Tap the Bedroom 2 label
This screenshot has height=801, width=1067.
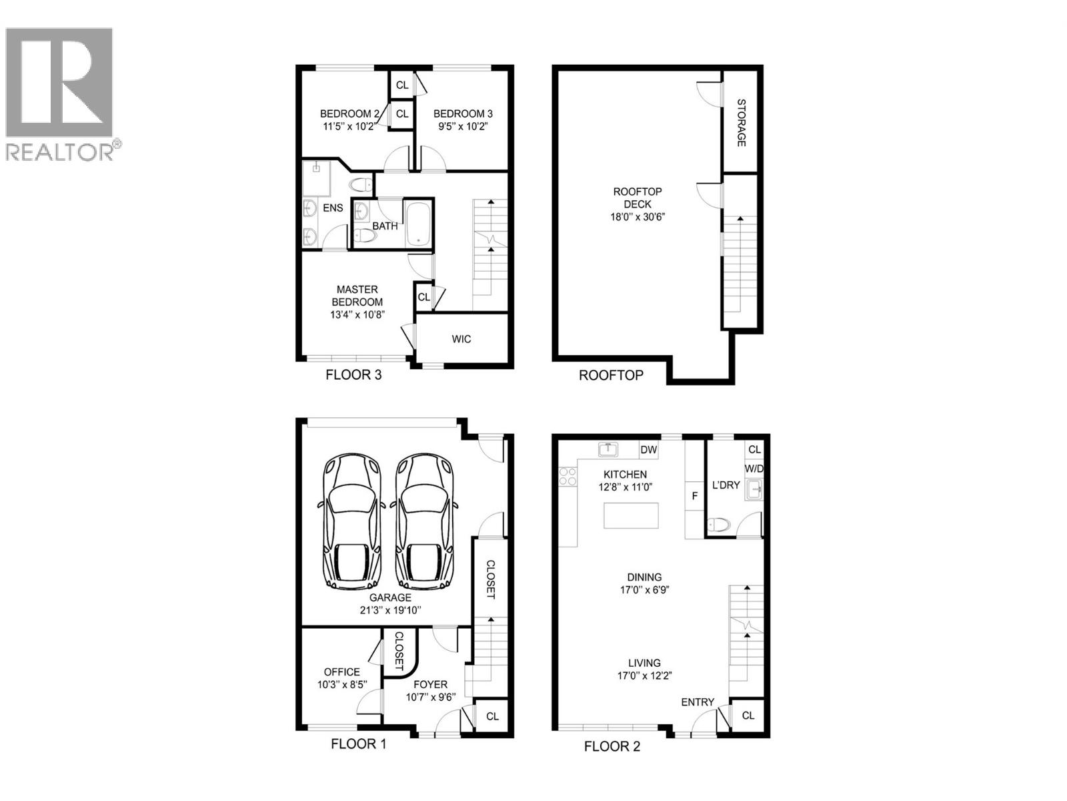click(x=349, y=113)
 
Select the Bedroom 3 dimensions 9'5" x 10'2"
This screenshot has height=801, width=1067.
click(x=462, y=125)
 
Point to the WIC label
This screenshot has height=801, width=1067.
click(x=461, y=339)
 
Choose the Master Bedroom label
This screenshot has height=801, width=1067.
click(x=357, y=296)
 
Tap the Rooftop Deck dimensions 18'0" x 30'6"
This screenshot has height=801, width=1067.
click(x=638, y=217)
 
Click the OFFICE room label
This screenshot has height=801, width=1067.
click(x=341, y=672)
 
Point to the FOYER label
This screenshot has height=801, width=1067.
click(x=430, y=684)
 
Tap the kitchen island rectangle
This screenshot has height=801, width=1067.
click(x=631, y=515)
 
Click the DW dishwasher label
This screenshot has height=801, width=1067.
click(x=648, y=450)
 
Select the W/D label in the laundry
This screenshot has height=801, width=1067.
click(x=754, y=469)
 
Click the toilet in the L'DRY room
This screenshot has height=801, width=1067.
click(x=719, y=524)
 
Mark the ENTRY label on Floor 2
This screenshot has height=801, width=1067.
click(x=698, y=702)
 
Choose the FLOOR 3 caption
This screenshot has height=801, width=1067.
click(x=353, y=375)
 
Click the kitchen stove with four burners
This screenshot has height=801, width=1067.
click(x=568, y=476)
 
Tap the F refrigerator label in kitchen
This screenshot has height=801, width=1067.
click(x=694, y=496)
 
